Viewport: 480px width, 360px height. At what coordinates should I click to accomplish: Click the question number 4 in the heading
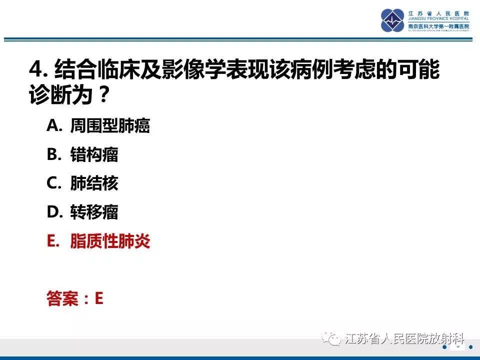[x=36, y=70]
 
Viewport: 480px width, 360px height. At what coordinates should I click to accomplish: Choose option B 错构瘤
[x=94, y=154]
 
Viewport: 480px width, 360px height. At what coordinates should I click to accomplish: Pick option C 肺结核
[x=94, y=183]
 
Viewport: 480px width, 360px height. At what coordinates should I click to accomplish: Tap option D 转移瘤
[x=94, y=212]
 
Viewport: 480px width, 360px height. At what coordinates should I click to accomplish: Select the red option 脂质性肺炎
[x=110, y=241]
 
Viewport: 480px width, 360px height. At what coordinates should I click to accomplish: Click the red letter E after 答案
[x=98, y=298]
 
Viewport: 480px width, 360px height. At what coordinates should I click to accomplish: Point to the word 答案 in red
[x=62, y=299]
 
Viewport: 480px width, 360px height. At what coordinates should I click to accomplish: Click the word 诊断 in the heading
[x=47, y=94]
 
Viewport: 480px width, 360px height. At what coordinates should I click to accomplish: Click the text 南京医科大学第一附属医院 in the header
[x=438, y=26]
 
